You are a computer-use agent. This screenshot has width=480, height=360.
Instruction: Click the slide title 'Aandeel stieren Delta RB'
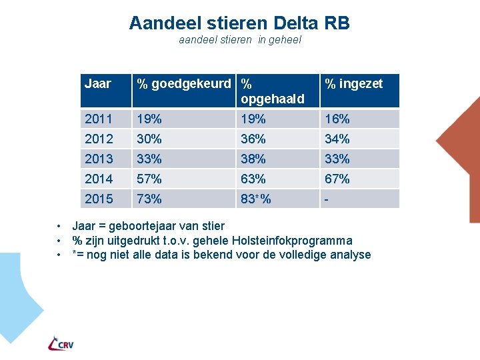click(239, 23)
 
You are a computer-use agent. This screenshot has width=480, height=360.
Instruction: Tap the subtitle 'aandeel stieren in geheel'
click(240, 40)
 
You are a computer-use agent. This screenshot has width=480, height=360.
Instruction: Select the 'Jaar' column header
click(97, 84)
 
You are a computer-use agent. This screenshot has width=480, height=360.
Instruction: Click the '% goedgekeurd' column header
click(185, 84)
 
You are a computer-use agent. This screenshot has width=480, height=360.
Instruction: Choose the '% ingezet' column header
click(353, 84)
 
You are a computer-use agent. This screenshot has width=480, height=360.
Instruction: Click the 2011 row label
click(99, 119)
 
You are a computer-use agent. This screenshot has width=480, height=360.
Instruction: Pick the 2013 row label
click(99, 159)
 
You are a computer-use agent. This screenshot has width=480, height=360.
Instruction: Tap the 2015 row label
click(99, 199)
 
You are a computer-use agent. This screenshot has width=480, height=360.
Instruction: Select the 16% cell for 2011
click(337, 119)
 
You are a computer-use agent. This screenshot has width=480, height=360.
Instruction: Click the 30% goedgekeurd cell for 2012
click(149, 139)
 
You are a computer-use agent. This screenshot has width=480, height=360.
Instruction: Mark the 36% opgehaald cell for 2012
click(253, 139)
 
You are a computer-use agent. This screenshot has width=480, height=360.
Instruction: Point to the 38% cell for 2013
click(253, 159)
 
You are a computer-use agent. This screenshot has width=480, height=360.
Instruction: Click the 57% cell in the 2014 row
click(149, 179)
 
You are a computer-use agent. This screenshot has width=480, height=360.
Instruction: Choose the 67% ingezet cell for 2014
click(337, 179)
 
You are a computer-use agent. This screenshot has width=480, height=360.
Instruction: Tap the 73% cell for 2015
click(149, 199)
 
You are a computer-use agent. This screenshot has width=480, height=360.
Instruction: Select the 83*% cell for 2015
click(256, 199)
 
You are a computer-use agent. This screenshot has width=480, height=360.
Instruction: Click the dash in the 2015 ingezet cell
click(327, 199)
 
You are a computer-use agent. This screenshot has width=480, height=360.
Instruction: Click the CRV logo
click(61, 343)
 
